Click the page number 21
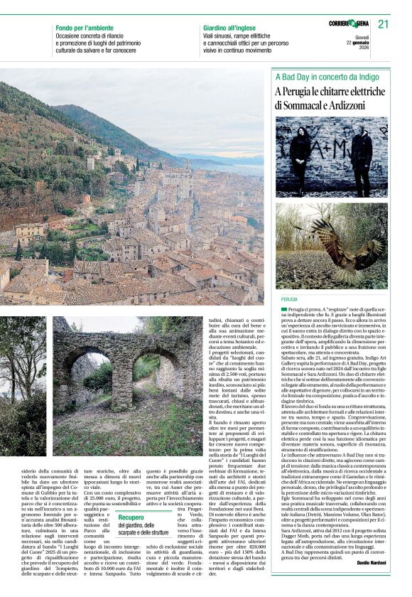[x=384, y=24]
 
